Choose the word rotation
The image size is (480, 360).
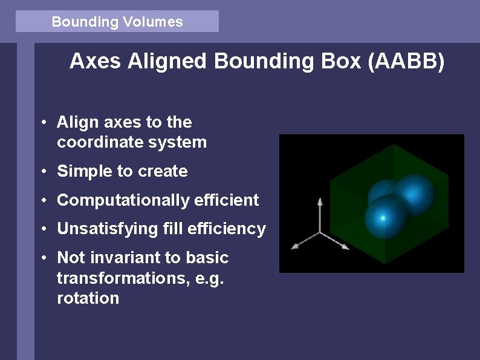point(88,298)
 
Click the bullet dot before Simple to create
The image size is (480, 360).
point(45,172)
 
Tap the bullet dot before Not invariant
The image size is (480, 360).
point(45,258)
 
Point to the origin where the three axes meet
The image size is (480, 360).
point(320,232)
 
